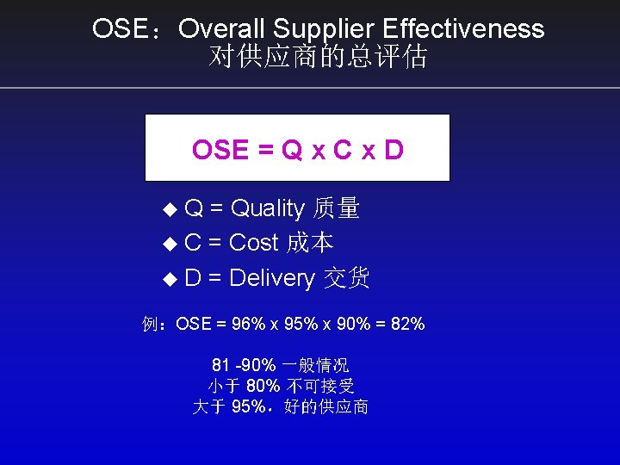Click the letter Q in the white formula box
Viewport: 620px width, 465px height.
(x=293, y=150)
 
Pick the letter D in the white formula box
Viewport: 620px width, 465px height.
(x=394, y=150)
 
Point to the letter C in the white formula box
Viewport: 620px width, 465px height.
(x=343, y=150)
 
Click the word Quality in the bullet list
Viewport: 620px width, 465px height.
(x=268, y=208)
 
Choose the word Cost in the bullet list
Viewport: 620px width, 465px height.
(x=254, y=243)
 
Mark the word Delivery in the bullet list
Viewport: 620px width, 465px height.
(x=272, y=278)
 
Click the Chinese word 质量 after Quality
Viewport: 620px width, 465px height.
(x=337, y=208)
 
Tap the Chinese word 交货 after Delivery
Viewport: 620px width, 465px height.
(x=346, y=278)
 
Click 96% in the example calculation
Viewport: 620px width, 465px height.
(x=249, y=325)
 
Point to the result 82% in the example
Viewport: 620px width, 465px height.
(x=406, y=325)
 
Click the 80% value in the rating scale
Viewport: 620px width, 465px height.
(x=263, y=386)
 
